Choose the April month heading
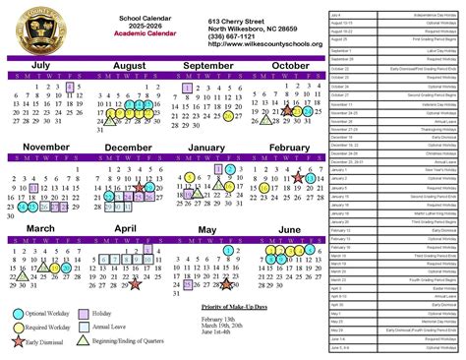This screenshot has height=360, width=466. tap(125, 229)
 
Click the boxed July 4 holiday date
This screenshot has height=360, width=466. tap(69, 87)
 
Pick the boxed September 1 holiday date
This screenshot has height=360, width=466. tap(187, 87)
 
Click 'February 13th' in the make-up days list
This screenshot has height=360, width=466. tap(216, 322)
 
